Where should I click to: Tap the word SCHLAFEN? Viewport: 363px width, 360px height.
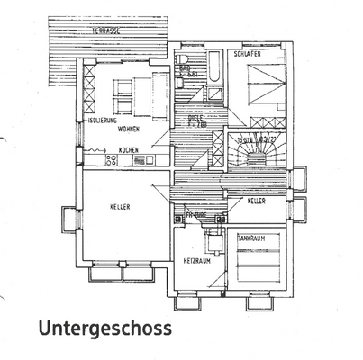click(x=246, y=55)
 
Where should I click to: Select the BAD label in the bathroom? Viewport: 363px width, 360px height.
click(x=184, y=68)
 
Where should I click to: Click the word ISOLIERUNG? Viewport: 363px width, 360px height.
click(x=100, y=120)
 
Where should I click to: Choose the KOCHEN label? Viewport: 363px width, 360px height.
click(x=129, y=149)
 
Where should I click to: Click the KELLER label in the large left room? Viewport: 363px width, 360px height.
click(x=121, y=207)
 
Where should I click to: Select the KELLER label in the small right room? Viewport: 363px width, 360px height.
click(x=257, y=202)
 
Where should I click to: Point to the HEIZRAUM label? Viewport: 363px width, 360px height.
click(x=197, y=261)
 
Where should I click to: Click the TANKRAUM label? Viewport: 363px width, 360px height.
click(x=252, y=239)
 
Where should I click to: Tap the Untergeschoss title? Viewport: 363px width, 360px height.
click(x=104, y=329)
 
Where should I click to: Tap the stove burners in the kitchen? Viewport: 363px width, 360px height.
click(x=112, y=160)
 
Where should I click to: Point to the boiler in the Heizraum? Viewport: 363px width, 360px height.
click(x=207, y=238)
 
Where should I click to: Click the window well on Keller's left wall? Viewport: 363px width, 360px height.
click(x=68, y=218)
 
